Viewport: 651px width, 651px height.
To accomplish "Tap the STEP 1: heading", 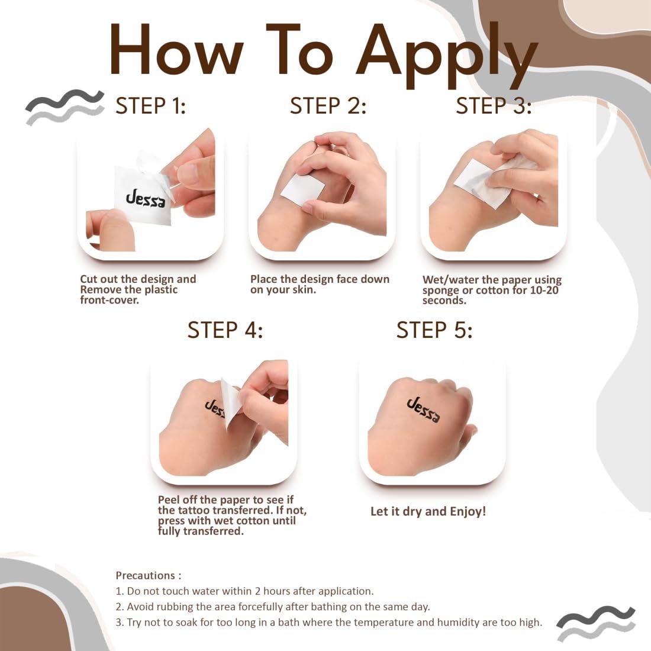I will coord(150,106).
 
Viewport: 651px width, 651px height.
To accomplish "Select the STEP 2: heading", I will coord(328,106).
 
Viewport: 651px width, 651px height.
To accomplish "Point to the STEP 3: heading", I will coord(494,106).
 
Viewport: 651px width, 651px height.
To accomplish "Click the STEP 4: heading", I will coord(225,330).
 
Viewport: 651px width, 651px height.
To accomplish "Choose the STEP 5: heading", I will coord(434,330).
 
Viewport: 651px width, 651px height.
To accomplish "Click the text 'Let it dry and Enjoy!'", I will coord(428,511).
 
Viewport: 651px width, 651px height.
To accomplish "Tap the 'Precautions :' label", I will coord(149,575).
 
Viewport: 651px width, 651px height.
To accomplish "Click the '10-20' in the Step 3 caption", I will coord(544,290).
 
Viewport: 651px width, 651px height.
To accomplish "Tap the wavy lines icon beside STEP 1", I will coord(65,107).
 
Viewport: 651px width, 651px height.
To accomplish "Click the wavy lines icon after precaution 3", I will coord(595,623).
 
